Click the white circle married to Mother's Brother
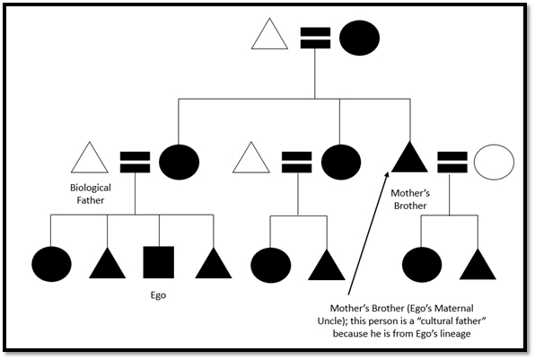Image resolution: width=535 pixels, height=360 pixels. click(494, 162)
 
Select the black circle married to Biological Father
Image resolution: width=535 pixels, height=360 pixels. click(178, 162)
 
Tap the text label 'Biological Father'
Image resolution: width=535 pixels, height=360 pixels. click(88, 195)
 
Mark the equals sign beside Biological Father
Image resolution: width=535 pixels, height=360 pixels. click(134, 162)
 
